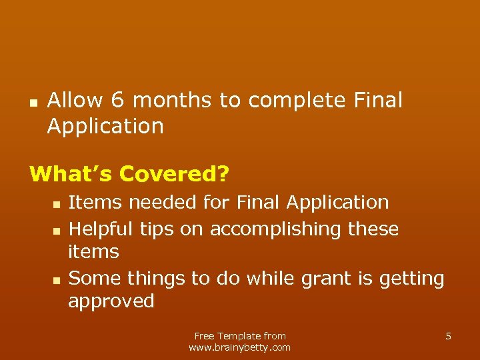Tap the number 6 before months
(118, 101)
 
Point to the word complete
(297, 101)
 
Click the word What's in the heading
(71, 174)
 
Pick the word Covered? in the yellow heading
(174, 174)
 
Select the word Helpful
(101, 229)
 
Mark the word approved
(111, 302)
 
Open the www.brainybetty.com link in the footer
(240, 347)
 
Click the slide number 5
(448, 336)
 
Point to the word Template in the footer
(239, 336)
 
